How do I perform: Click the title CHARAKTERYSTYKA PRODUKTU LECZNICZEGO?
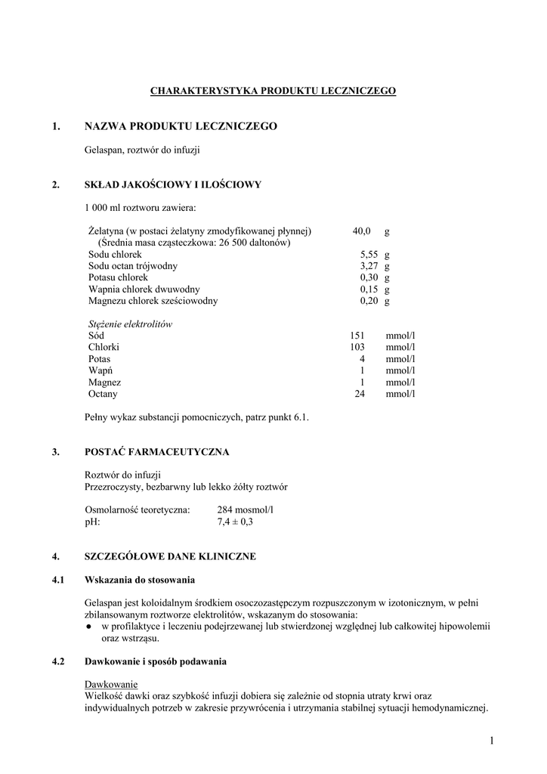coord(273,91)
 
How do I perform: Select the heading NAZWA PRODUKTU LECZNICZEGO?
coord(181,125)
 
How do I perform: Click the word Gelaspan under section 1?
coord(103,150)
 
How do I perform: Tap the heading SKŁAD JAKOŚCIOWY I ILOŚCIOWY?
coord(173,184)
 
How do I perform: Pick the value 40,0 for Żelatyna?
coord(361,231)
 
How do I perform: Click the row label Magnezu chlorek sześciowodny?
coord(153,301)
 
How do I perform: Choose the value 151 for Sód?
coord(357,336)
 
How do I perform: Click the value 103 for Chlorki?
coord(357,347)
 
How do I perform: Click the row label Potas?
coord(99,359)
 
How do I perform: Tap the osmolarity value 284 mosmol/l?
coord(245,510)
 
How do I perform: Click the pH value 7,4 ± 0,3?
coord(235,522)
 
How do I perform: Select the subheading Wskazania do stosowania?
coord(140,580)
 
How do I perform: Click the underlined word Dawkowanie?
coord(107,685)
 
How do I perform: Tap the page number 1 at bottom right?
coord(491,740)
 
